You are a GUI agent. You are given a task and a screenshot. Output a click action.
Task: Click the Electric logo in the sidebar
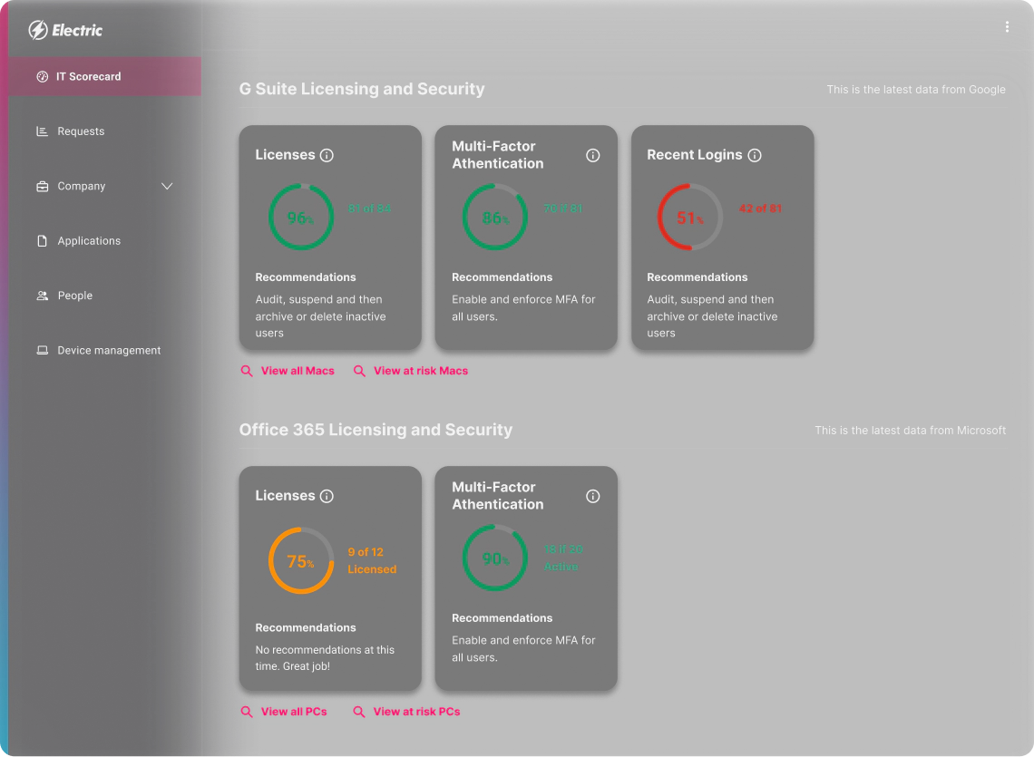[x=65, y=30]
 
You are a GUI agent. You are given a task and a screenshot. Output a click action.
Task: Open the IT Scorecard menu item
[x=88, y=77]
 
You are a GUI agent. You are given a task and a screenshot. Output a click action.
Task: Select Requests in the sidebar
[x=81, y=131]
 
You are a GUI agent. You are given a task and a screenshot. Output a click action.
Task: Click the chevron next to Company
[x=167, y=186]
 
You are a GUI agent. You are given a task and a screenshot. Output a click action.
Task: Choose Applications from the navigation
[x=89, y=241]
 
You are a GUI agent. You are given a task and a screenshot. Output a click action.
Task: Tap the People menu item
[x=74, y=296]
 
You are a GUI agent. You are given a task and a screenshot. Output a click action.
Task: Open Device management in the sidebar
[x=109, y=351]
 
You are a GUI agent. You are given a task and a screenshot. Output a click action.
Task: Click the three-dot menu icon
[x=1007, y=27]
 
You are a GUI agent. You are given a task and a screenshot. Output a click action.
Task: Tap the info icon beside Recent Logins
[x=755, y=155]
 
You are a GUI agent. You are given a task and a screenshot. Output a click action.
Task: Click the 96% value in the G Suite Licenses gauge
[x=300, y=218]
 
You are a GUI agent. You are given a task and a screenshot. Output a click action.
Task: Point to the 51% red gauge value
[x=689, y=218]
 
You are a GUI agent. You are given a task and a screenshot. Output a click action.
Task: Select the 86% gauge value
[x=494, y=218]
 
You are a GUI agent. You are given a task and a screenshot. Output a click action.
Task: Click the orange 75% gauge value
[x=300, y=562]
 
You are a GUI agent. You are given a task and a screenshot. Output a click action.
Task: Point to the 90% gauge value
[x=494, y=559]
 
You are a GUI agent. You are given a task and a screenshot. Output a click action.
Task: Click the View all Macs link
[x=298, y=371]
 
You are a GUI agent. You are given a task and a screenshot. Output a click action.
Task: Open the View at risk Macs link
[x=421, y=371]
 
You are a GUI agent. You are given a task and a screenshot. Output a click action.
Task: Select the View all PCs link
[x=294, y=712]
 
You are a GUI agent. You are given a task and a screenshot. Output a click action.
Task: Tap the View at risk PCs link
[x=416, y=712]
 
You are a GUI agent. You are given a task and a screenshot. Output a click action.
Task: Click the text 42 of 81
[x=760, y=209]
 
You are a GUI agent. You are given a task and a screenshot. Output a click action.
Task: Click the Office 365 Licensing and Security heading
[x=376, y=430]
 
